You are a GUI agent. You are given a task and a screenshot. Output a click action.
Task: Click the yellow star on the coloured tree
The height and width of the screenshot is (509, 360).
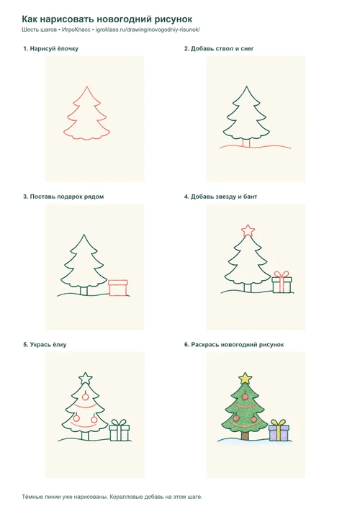(246, 378)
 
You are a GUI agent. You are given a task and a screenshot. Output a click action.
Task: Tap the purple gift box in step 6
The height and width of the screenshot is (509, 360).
(279, 433)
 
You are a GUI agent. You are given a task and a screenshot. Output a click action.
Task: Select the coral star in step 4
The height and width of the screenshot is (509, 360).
(248, 230)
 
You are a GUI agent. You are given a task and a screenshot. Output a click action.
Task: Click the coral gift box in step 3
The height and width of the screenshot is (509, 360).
(118, 287)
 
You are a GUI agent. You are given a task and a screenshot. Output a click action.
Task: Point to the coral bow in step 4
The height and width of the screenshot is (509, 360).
(282, 274)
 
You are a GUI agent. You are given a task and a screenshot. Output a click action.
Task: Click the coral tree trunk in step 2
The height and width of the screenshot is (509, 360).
(247, 143)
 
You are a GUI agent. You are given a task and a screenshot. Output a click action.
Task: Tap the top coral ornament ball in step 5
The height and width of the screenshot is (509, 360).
(85, 397)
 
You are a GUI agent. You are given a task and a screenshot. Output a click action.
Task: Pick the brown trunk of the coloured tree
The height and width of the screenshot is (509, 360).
(245, 436)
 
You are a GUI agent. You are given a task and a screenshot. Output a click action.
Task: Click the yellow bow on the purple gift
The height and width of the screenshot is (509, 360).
(279, 423)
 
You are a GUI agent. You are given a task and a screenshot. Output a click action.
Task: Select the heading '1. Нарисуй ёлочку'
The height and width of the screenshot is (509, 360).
(50, 49)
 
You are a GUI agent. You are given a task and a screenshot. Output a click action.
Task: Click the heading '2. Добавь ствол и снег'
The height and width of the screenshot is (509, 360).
(219, 49)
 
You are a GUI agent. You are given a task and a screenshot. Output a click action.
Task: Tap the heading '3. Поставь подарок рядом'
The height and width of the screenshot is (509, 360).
(63, 197)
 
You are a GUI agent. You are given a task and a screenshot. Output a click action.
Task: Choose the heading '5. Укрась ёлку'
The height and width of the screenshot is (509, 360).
(45, 345)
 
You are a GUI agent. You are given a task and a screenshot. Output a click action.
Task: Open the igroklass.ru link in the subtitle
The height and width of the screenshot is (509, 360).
(148, 30)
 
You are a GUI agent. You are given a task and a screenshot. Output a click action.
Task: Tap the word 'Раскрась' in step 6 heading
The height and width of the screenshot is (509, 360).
(204, 345)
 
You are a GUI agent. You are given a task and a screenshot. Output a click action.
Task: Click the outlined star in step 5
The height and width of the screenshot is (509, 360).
(86, 379)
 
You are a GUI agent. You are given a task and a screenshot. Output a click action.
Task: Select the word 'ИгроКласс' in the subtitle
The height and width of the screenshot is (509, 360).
(76, 30)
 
